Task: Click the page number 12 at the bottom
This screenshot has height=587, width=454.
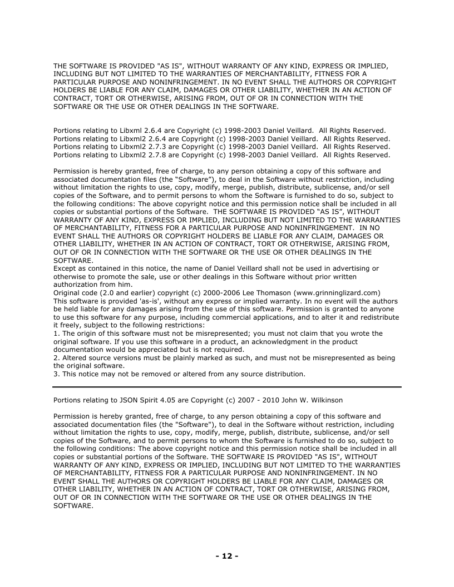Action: tap(227, 556)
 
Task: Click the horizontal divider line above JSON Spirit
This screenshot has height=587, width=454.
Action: tap(227, 386)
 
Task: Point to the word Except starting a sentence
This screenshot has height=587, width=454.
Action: tap(65, 268)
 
